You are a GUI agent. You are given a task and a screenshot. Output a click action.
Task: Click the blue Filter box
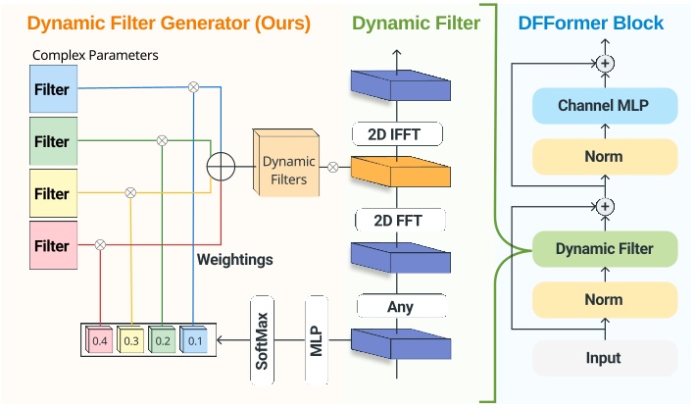[x=52, y=89]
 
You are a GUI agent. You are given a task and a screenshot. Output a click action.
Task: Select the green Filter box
[x=52, y=141]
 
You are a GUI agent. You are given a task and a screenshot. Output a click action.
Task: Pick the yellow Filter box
[x=52, y=193]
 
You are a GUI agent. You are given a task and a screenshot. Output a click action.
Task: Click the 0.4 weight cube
[x=100, y=339]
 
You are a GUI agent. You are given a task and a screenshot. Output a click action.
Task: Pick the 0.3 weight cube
[x=131, y=339]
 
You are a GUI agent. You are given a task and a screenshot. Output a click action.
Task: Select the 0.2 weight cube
[x=163, y=339]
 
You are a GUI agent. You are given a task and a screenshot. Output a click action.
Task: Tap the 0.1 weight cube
[x=194, y=339]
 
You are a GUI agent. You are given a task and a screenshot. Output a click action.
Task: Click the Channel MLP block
[x=605, y=104]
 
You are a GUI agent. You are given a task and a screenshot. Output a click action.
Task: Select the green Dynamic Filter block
[x=605, y=249]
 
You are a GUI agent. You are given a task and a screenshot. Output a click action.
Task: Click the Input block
[x=605, y=358]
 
